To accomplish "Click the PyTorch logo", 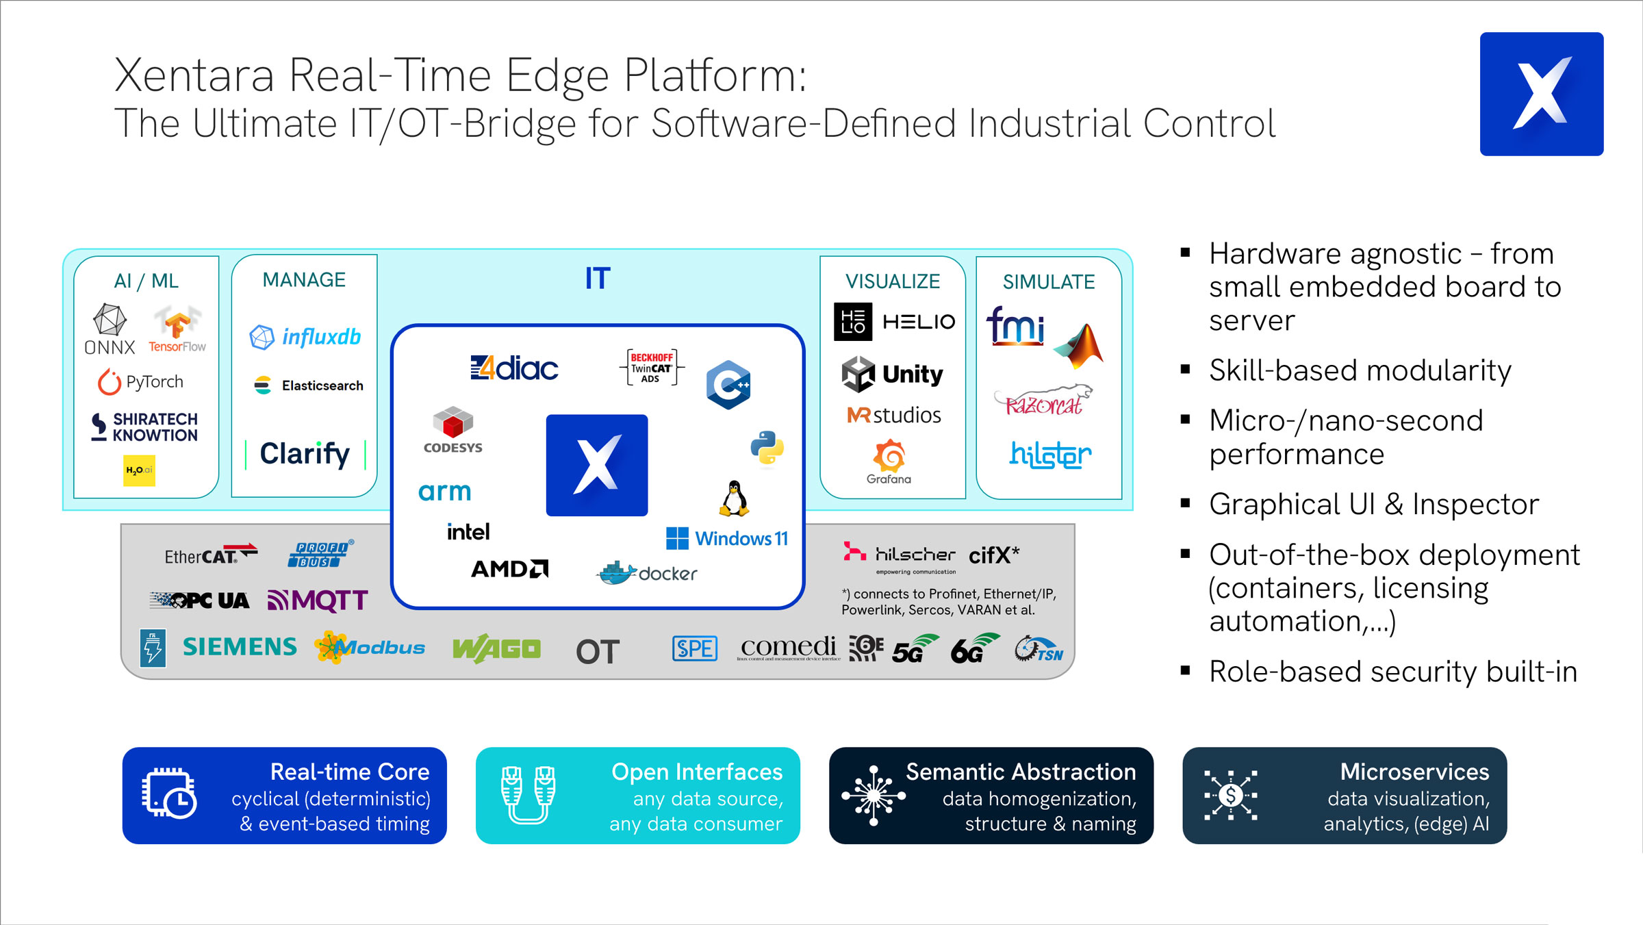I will [141, 382].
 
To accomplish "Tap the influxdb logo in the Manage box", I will [305, 337].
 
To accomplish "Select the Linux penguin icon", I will [734, 498].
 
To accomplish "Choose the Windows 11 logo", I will [727, 539].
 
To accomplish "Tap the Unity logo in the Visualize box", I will [892, 374].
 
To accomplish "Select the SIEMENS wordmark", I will [240, 647].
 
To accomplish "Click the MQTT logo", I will [318, 600].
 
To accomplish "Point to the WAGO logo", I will [496, 648].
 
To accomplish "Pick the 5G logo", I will [915, 649].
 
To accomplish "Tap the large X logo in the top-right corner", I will [1541, 94].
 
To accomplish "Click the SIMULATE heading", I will [1048, 282].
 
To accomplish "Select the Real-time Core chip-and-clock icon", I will [169, 795].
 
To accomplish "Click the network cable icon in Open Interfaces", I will [528, 795].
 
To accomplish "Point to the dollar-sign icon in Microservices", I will [1230, 795].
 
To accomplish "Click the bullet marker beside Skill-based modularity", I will [1186, 370].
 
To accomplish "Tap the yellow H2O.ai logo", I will [139, 470].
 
